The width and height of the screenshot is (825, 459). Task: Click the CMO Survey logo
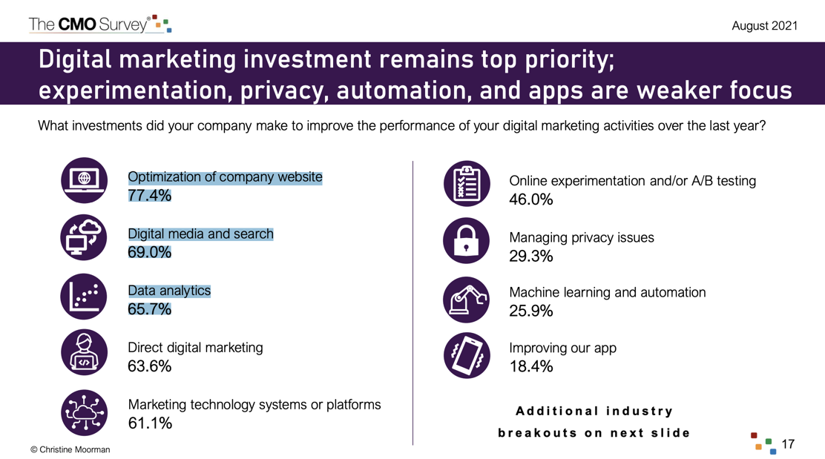pyautogui.click(x=100, y=24)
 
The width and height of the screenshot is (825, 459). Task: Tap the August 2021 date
pyautogui.click(x=764, y=26)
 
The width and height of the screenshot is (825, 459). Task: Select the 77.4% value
pyautogui.click(x=149, y=196)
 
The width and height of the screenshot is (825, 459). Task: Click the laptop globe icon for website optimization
pyautogui.click(x=84, y=180)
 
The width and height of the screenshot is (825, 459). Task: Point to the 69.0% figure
pyautogui.click(x=149, y=252)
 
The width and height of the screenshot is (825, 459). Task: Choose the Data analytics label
pyautogui.click(x=169, y=291)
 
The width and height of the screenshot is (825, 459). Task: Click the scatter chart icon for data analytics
pyautogui.click(x=84, y=297)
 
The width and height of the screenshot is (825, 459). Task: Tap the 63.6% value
pyautogui.click(x=149, y=366)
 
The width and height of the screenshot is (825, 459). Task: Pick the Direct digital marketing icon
pyautogui.click(x=84, y=352)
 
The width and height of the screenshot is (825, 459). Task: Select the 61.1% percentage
pyautogui.click(x=150, y=423)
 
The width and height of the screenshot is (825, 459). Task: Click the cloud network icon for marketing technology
pyautogui.click(x=84, y=413)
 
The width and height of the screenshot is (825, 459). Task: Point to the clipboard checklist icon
pyautogui.click(x=467, y=183)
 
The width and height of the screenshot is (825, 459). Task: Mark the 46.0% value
pyautogui.click(x=531, y=199)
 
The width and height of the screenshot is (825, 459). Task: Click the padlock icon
pyautogui.click(x=466, y=241)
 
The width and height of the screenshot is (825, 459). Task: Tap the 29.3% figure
pyautogui.click(x=531, y=257)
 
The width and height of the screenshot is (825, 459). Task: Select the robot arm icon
pyautogui.click(x=466, y=300)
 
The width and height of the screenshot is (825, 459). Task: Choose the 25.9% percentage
pyautogui.click(x=531, y=311)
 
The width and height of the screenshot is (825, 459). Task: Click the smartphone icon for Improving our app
pyautogui.click(x=467, y=355)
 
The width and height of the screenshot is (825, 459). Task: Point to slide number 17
pyautogui.click(x=788, y=444)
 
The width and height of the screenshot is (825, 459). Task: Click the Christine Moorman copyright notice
pyautogui.click(x=70, y=449)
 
